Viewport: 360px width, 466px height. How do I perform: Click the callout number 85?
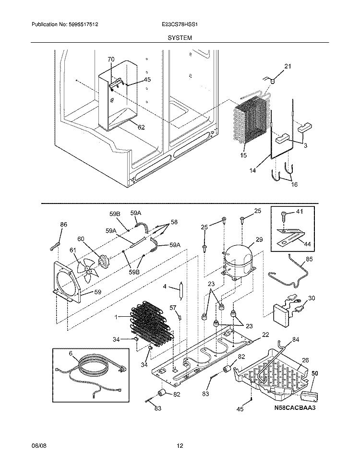[x=309, y=260]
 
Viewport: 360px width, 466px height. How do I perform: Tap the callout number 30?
[x=312, y=298]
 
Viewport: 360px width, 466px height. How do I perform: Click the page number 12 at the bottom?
[x=180, y=446]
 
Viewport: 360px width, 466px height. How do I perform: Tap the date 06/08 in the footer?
[x=38, y=446]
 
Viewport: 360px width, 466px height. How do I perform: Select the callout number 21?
[x=288, y=67]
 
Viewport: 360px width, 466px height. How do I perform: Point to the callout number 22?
[x=265, y=335]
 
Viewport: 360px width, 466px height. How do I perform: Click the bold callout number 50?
[x=315, y=373]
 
